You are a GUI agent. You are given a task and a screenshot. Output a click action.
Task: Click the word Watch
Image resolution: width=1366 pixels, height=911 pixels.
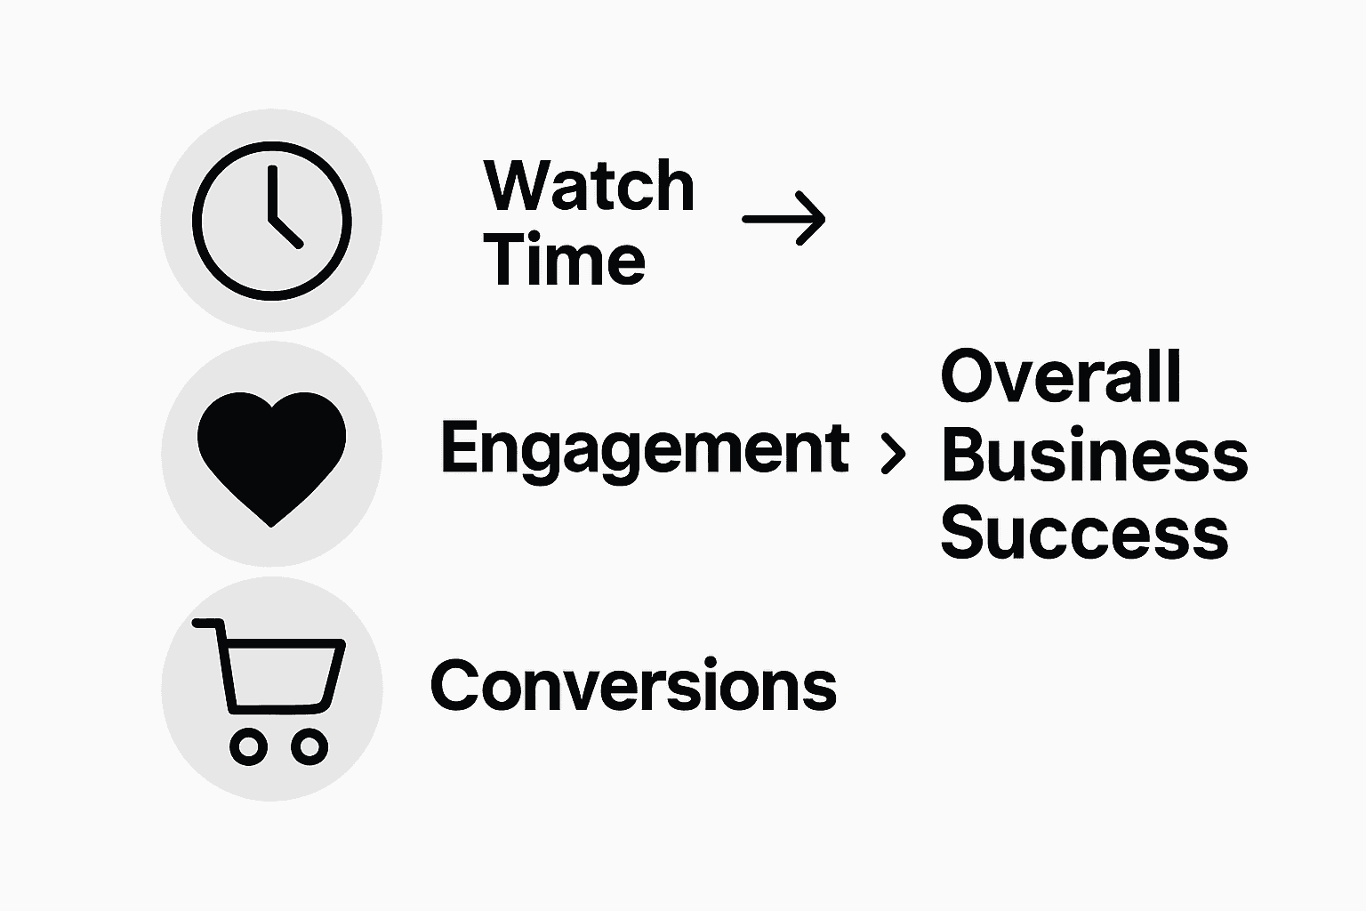(x=589, y=186)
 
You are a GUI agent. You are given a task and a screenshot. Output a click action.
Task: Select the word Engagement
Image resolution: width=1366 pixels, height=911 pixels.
(x=644, y=450)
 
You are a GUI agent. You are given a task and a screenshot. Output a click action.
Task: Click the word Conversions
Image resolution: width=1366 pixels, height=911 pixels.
(x=633, y=686)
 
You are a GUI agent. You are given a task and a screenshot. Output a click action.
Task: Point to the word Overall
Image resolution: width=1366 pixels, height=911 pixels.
(x=1061, y=377)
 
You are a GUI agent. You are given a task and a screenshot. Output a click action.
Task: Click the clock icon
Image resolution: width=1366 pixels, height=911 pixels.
(x=272, y=220)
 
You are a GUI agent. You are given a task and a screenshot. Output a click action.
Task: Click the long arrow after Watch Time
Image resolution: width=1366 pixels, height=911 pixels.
(x=783, y=218)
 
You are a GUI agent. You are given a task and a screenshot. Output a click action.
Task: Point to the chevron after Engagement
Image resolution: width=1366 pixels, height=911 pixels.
(x=892, y=454)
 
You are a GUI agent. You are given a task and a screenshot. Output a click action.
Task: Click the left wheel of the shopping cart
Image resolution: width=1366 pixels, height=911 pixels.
(x=249, y=746)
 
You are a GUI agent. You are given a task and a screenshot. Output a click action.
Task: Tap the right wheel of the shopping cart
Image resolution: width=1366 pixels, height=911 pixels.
(x=309, y=746)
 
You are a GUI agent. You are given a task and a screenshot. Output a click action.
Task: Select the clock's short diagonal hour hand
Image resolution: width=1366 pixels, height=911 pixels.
(x=286, y=230)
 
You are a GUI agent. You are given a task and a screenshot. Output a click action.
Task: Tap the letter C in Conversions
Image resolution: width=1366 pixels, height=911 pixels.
(x=456, y=686)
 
